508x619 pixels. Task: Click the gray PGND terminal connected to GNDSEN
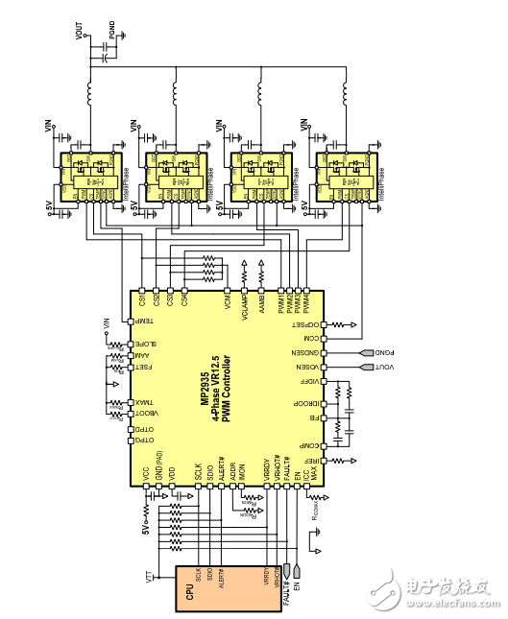pyautogui.click(x=369, y=352)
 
